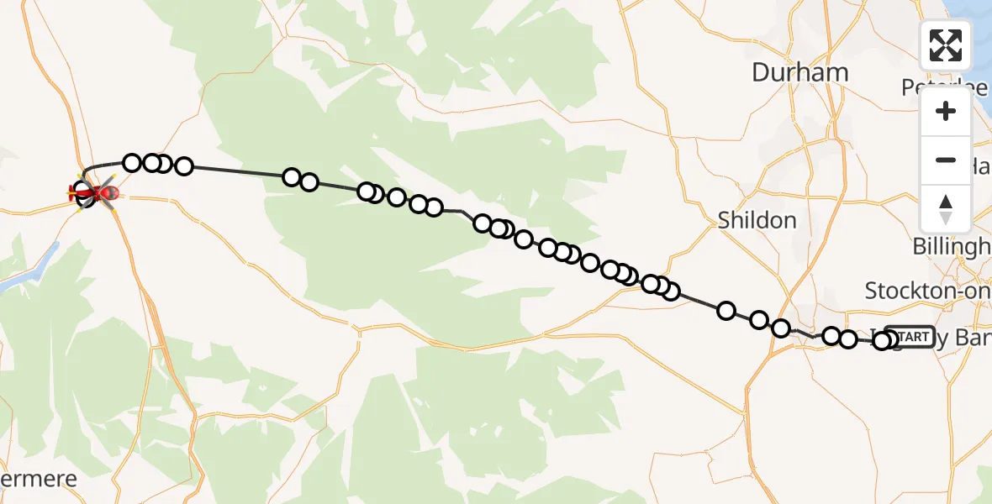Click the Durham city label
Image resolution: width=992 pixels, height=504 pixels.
pos(799,72)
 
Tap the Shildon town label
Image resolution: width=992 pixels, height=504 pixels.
pos(757,221)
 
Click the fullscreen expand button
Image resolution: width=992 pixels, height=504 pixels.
pos(946,45)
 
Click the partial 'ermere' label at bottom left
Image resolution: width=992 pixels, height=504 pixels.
pos(39,480)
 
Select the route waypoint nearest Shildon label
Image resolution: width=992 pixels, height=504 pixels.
pos(726,311)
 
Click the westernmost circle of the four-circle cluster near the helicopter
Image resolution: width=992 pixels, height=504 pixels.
pos(132,163)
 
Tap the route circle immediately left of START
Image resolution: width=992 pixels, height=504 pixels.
pos(882,340)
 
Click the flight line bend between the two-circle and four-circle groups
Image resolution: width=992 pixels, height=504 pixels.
pos(462,211)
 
